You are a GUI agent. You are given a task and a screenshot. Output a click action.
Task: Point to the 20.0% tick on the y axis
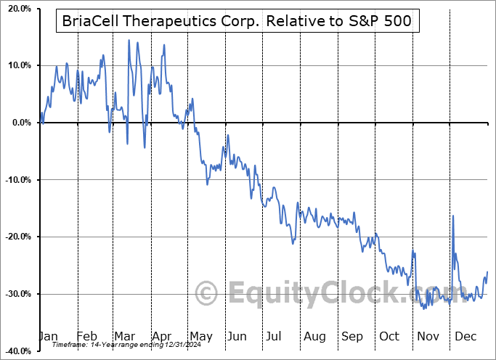point(18,9)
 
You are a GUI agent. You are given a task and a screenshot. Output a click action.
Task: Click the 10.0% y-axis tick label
point(18,65)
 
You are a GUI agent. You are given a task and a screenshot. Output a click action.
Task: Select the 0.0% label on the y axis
point(20,123)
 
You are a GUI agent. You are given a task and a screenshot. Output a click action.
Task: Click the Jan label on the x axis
point(49,337)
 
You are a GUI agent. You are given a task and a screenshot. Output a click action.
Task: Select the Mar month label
point(126,337)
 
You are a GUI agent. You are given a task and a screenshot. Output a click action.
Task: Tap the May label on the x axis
point(201,337)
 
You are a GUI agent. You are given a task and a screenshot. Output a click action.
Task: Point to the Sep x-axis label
point(352,337)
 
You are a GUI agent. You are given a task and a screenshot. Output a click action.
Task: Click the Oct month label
point(389,337)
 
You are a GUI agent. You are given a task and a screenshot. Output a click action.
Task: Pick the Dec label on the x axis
point(465,337)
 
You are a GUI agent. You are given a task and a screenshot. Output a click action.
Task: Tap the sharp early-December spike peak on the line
point(453,216)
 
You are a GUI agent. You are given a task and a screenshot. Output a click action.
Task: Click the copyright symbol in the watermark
point(207,294)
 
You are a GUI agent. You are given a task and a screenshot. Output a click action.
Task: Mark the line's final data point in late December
point(487,271)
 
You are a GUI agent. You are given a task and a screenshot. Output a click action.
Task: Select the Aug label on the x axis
point(314,337)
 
